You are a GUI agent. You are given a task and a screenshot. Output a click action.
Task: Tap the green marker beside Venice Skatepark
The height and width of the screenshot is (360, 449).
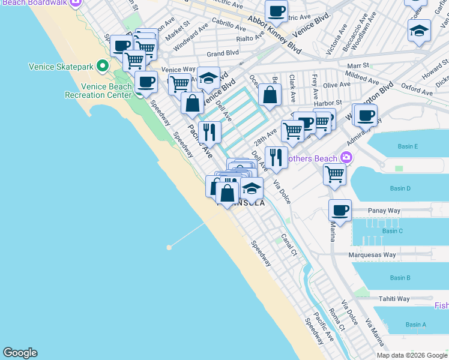(x=103, y=65)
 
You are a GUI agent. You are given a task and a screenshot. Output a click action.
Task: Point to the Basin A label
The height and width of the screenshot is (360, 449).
(x=399, y=325)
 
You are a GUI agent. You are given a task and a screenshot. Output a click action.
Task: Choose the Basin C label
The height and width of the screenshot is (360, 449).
(x=392, y=231)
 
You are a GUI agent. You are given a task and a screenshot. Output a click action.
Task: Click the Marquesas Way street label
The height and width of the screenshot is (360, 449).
(x=372, y=254)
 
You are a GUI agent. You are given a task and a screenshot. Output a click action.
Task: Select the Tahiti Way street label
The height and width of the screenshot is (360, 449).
(x=394, y=299)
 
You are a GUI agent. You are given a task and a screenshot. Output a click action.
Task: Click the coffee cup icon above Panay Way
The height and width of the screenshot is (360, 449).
(x=340, y=211)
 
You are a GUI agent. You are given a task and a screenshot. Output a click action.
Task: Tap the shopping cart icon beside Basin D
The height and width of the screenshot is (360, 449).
(x=334, y=175)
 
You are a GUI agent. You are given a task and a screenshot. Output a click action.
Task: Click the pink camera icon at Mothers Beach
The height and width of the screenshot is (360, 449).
(x=346, y=158)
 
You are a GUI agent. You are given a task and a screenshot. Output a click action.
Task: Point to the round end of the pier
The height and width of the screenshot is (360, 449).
(x=170, y=247)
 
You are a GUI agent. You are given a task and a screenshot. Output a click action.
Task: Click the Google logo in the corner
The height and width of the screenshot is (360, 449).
(x=20, y=353)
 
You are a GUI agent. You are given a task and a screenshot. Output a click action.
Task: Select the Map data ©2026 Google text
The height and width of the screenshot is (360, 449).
(x=412, y=355)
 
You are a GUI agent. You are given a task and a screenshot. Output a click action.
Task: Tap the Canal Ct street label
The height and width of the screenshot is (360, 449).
(x=289, y=244)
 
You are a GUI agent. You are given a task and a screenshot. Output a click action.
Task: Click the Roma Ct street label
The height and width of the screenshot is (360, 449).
(x=337, y=320)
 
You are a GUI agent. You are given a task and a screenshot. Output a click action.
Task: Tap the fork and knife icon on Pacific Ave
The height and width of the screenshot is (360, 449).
(x=209, y=131)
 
